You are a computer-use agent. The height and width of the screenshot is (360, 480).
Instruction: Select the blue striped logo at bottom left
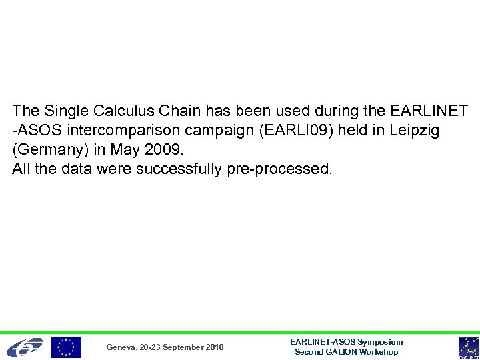pyautogui.click(x=24, y=347)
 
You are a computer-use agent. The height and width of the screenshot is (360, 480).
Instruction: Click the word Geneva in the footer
pyautogui.click(x=121, y=347)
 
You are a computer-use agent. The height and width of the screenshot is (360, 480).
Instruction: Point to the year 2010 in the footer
pyautogui.click(x=214, y=347)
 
